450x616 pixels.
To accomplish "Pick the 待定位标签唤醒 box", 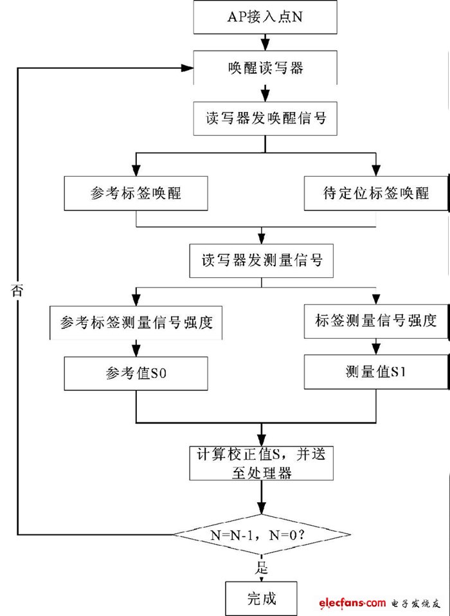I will [376, 193].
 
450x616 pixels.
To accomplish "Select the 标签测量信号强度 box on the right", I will [376, 320].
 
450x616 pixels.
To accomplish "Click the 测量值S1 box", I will [376, 372].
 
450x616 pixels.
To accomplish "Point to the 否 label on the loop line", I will [17, 291].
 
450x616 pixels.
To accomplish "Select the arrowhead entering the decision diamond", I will [261, 510].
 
